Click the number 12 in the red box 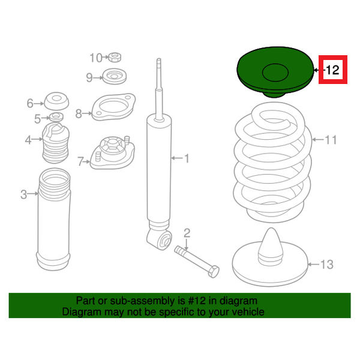pos(332,70)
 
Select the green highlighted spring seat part pos(275,72)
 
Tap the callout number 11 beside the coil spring pos(331,140)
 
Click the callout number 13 pos(327,265)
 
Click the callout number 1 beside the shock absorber pos(187,158)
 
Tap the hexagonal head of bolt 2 pos(213,271)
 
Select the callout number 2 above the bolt pos(187,233)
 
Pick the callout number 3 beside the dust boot pos(23,194)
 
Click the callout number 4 pos(28,140)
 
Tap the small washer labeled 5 pos(56,117)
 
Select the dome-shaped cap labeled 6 pos(56,101)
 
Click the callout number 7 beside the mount pos(80,161)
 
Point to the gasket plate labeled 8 pos(113,107)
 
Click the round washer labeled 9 pos(115,76)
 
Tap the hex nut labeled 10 pos(115,57)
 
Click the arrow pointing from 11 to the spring pos(318,140)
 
